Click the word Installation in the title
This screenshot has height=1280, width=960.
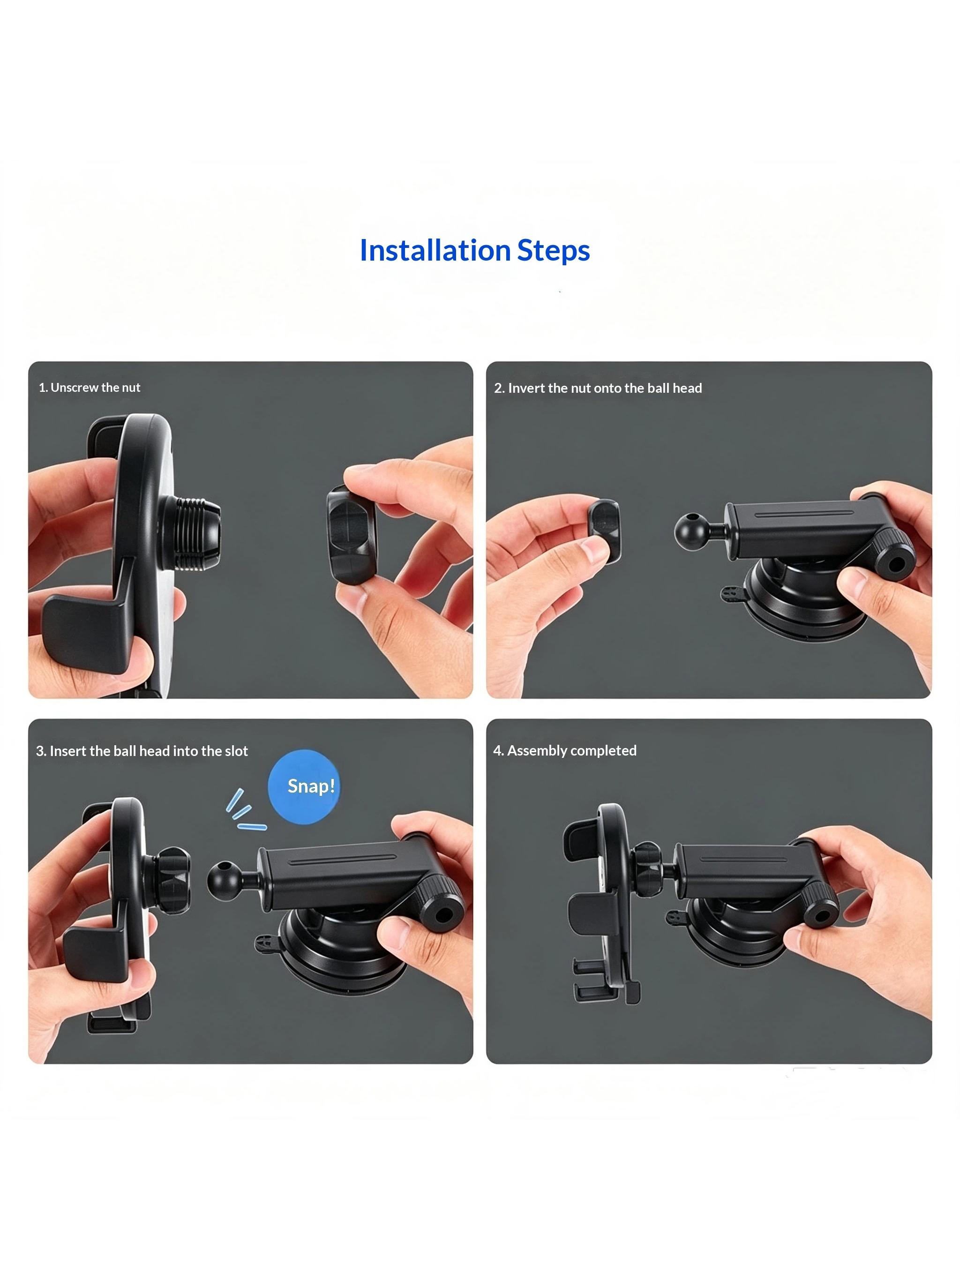[435, 251]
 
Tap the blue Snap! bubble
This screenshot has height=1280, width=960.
[304, 786]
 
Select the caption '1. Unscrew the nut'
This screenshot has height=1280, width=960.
[89, 388]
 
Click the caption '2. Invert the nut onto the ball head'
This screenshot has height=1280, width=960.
[598, 388]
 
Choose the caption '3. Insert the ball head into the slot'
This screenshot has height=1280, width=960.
[142, 751]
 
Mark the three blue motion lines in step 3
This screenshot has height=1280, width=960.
[245, 810]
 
